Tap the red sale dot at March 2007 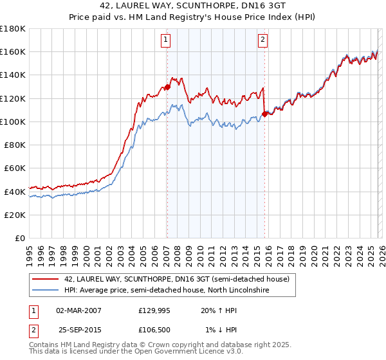click(167, 87)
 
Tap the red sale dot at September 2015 click(264, 114)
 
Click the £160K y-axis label click(14, 51)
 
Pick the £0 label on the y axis click(21, 238)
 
